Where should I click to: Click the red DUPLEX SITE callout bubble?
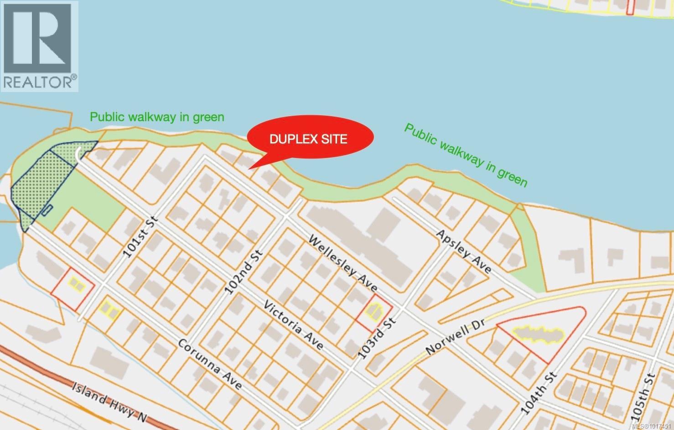coord(310,138)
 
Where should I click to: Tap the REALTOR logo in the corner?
coord(39,46)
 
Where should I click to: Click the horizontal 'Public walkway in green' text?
coord(157,117)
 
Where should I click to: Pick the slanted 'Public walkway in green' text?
coord(466,155)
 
